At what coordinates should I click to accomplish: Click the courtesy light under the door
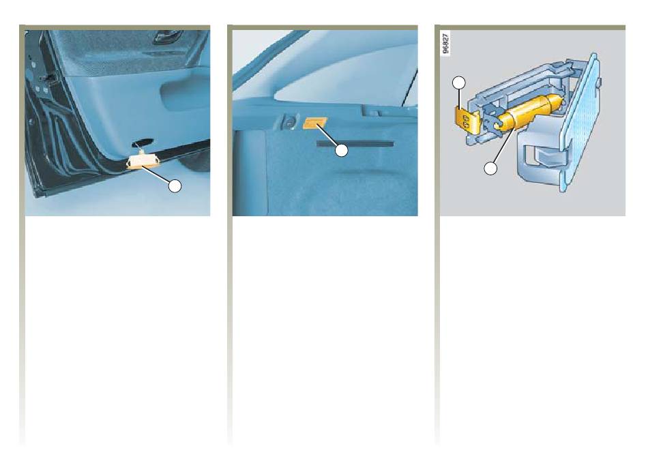(140, 162)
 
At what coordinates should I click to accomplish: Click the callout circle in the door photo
(175, 186)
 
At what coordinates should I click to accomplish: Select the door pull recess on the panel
(185, 96)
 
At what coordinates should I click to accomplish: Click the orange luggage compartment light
(315, 122)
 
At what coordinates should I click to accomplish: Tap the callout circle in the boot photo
(341, 151)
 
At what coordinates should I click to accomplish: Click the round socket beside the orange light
(289, 122)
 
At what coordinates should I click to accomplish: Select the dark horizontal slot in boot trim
(355, 144)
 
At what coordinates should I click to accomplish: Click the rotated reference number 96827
(445, 44)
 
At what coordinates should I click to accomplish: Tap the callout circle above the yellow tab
(459, 83)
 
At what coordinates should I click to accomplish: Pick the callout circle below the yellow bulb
(490, 168)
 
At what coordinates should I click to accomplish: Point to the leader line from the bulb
(504, 145)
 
